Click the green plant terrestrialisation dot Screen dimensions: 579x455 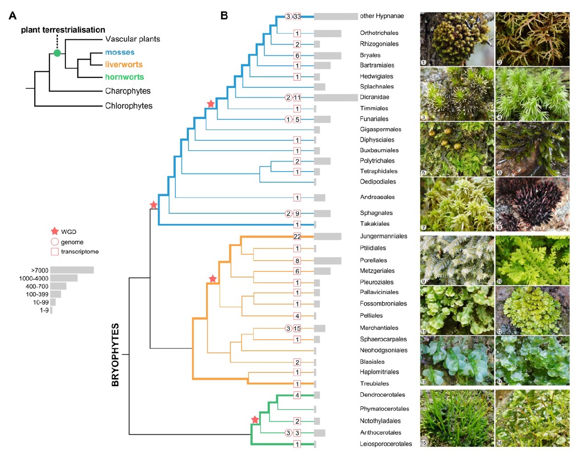point(57,53)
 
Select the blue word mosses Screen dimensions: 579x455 point(120,52)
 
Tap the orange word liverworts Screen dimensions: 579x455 point(123,64)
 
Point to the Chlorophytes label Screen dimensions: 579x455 point(129,106)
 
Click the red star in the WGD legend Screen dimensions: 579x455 point(55,231)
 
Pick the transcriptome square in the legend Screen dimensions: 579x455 point(55,252)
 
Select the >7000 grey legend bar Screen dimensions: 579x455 point(72,270)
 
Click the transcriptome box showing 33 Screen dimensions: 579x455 point(297,16)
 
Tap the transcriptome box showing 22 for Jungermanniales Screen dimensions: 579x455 point(297,236)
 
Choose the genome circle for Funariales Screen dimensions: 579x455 point(288,119)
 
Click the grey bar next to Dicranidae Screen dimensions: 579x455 point(336,98)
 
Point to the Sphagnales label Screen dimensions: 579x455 point(376,213)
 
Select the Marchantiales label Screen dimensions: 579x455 point(379,328)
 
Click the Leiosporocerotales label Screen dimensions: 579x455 point(386,444)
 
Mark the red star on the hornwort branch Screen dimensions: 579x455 point(255,420)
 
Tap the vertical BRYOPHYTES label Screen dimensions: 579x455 point(115,355)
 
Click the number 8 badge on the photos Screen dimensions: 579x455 point(499,228)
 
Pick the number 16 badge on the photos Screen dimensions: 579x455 point(499,443)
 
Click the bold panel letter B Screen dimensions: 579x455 point(224,16)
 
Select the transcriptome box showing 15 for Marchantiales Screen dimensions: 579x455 point(297,329)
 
